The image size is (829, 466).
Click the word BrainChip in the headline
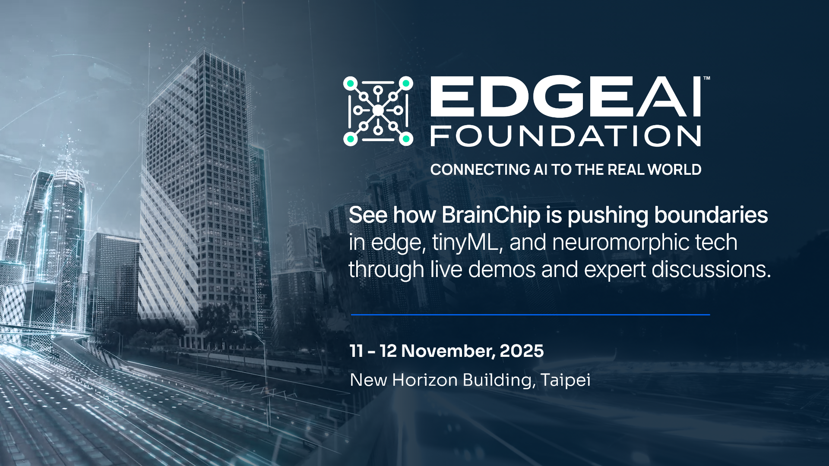tap(491, 215)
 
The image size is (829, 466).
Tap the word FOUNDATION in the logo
tap(566, 136)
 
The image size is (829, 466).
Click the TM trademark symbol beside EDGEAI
tap(707, 79)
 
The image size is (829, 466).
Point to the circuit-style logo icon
tap(378, 111)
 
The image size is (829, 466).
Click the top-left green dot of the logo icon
tap(351, 83)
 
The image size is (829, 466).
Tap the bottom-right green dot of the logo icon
tap(406, 139)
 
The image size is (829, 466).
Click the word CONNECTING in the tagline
tap(480, 170)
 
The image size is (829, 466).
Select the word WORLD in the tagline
tap(674, 170)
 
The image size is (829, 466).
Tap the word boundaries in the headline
tap(711, 215)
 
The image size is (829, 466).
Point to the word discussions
tap(711, 269)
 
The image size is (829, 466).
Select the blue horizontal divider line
tap(531, 315)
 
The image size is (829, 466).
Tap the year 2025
tap(522, 351)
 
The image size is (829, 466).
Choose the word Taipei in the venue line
tap(566, 380)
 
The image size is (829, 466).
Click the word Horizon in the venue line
tap(424, 380)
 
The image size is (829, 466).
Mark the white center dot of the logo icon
tap(378, 111)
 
